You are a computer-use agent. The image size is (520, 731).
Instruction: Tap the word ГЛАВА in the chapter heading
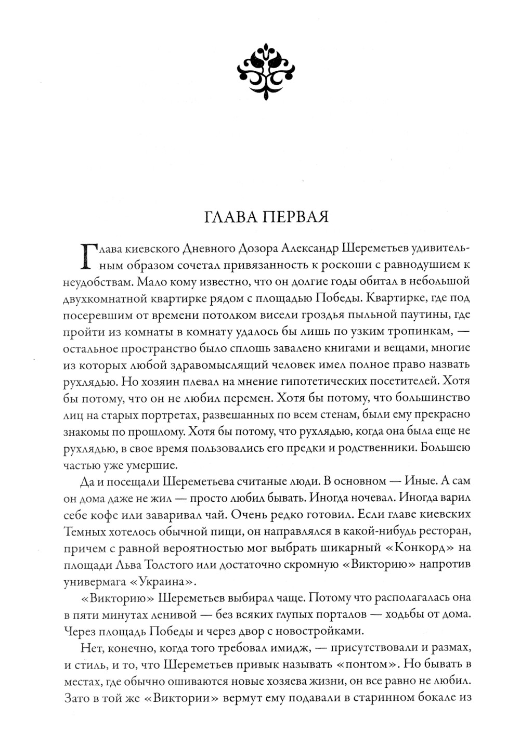[227, 216]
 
